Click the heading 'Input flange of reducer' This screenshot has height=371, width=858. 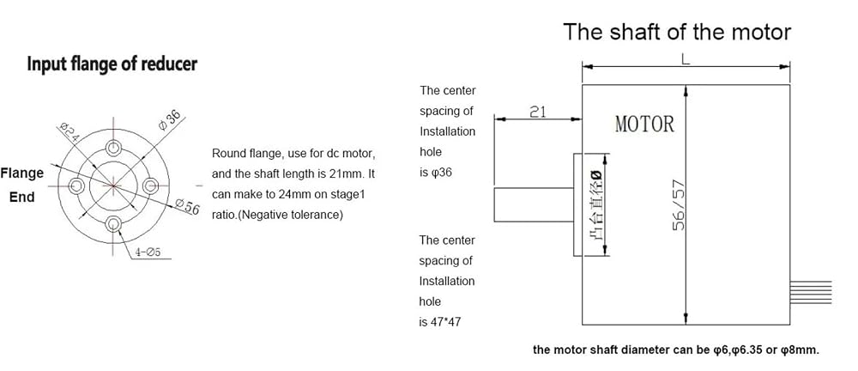pos(112,64)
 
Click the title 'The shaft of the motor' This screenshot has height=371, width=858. pos(677,32)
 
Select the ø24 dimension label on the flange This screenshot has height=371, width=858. pos(67,132)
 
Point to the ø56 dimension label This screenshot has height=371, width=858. pos(187,208)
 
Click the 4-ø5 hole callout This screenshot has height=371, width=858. pos(147,252)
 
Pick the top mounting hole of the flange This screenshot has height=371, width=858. pos(114,148)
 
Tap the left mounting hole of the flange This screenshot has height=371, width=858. pos(76,185)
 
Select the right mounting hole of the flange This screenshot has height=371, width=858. pos(151,185)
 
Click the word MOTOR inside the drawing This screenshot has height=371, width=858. pos(644,125)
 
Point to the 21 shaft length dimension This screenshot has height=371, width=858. pos(539,112)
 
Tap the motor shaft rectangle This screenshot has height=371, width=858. pos(534,204)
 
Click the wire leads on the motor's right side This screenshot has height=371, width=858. pos(811,293)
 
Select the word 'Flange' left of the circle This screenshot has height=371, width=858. pos(22,173)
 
